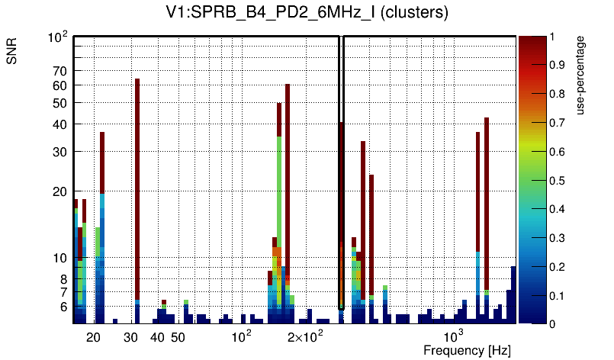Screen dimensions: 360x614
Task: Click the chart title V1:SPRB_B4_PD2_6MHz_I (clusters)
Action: coord(306,13)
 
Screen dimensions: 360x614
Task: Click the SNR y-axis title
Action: coord(13,50)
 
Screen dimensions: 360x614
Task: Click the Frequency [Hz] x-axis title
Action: coord(467,350)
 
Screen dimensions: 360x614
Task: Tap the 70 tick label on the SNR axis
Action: coord(59,71)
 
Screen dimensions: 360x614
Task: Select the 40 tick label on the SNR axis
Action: coord(59,124)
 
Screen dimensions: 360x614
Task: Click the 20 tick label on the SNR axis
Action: coord(59,191)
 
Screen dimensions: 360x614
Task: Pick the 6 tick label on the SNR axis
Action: coord(63,307)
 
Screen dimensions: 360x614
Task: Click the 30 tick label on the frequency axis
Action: coord(131,337)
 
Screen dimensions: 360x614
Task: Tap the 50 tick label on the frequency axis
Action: coord(178,337)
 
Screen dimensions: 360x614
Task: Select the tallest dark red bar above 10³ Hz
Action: coord(487,198)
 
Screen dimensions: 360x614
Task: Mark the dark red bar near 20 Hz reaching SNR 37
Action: coord(102,160)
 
